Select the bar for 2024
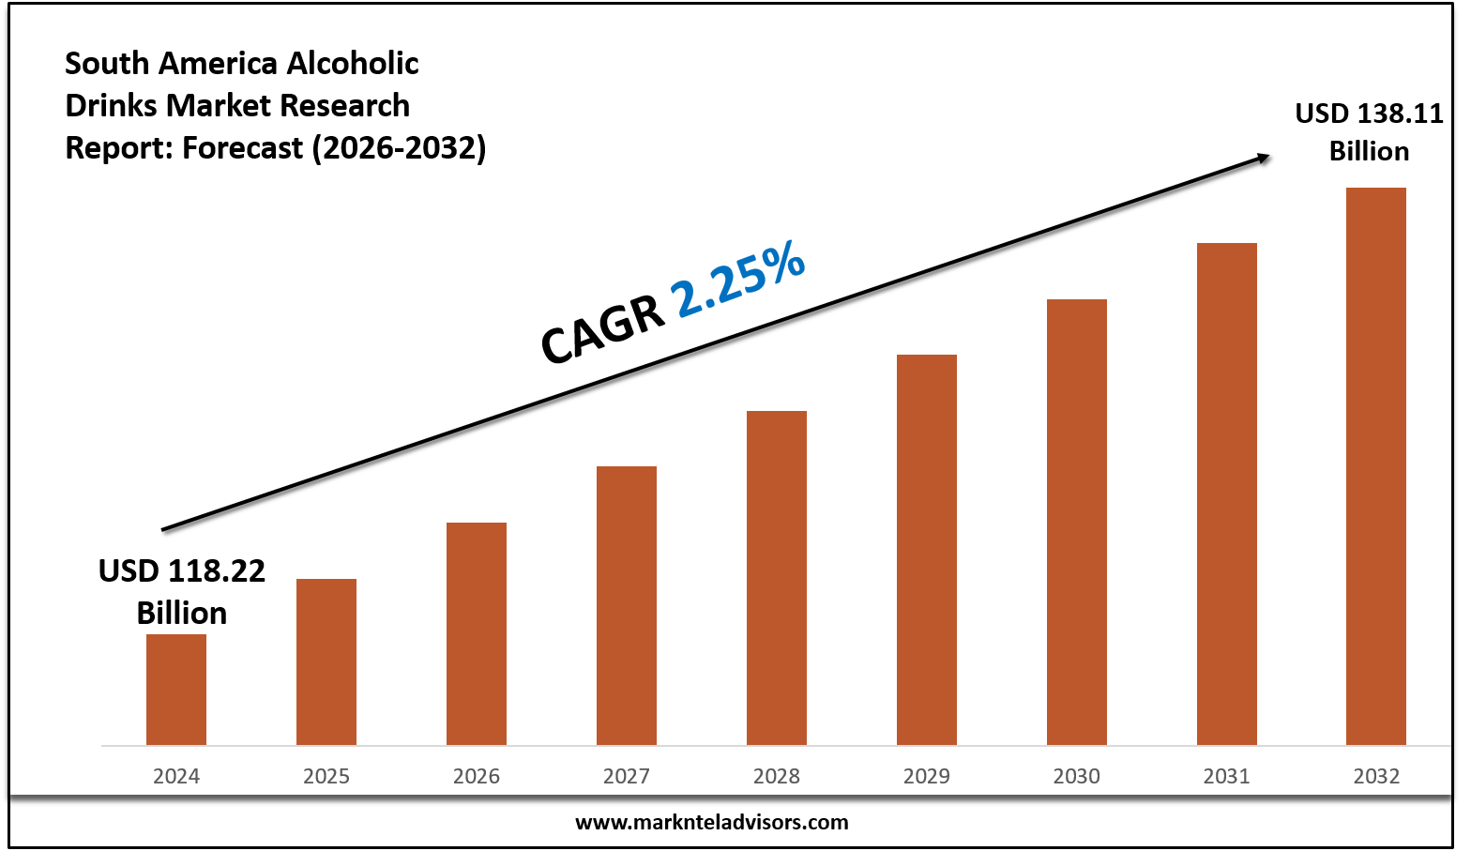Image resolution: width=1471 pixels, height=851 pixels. (x=176, y=690)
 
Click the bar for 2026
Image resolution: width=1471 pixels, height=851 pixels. (x=477, y=633)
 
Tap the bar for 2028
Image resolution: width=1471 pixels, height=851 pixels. (x=777, y=578)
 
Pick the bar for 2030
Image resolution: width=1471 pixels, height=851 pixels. (x=1077, y=522)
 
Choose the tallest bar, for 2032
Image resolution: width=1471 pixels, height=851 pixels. (x=1376, y=466)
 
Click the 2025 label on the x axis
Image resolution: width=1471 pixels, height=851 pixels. (x=326, y=776)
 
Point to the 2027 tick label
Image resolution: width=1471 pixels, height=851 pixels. (x=627, y=776)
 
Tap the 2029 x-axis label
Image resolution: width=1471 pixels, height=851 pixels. (x=927, y=776)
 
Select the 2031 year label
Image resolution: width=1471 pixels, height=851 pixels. (x=1227, y=776)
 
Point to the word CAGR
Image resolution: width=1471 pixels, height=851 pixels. (x=602, y=333)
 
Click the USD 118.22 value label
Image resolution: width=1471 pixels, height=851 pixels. (x=182, y=570)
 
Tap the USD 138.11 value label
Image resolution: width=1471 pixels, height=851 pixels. (x=1369, y=114)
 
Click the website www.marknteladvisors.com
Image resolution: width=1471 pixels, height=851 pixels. (x=711, y=823)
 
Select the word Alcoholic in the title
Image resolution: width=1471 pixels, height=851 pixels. (x=353, y=64)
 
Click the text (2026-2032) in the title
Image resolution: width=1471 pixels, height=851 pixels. (x=399, y=148)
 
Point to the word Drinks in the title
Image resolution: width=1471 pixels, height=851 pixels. (x=112, y=106)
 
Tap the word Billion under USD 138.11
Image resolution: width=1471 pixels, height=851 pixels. (x=1369, y=151)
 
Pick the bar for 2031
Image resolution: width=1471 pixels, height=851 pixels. (x=1227, y=494)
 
